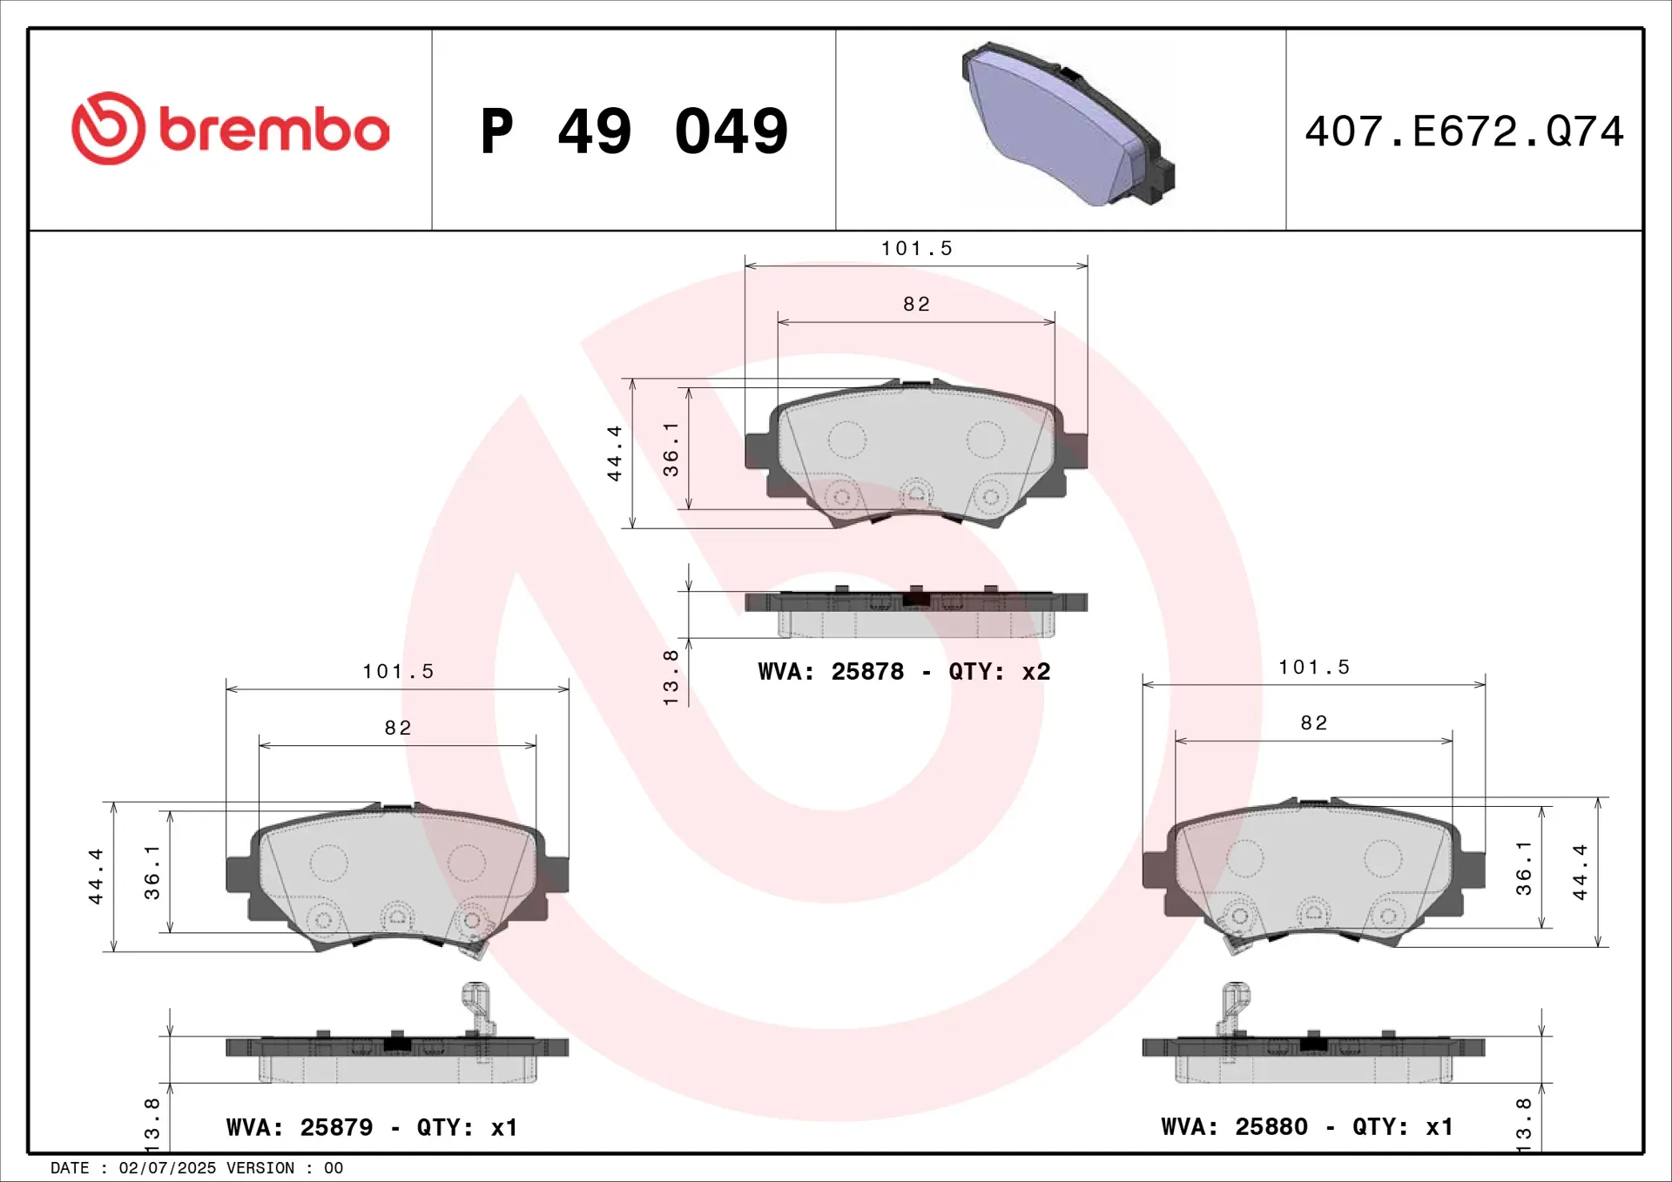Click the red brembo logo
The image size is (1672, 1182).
click(230, 129)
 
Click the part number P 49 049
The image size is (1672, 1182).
click(634, 131)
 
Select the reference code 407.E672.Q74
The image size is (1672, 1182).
click(1464, 131)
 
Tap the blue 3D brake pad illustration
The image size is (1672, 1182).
click(1068, 124)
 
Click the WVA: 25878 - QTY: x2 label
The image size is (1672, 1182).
click(904, 672)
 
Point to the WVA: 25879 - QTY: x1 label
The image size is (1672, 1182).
click(372, 1127)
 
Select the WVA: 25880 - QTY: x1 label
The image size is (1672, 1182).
click(1307, 1126)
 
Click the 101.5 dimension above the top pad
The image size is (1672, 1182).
click(916, 249)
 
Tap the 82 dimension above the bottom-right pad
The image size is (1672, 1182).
click(1314, 723)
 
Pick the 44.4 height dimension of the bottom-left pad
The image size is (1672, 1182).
click(96, 876)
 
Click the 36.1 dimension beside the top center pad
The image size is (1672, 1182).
click(671, 449)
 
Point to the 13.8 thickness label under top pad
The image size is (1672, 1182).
click(671, 677)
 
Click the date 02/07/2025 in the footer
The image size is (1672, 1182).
click(167, 1168)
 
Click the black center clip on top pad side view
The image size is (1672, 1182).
click(916, 598)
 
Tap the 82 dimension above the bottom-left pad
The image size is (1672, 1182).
click(398, 728)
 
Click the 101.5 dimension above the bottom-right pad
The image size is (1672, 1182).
click(1314, 668)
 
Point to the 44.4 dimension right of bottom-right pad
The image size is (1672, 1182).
click(1580, 872)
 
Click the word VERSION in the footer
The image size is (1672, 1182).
click(260, 1168)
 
